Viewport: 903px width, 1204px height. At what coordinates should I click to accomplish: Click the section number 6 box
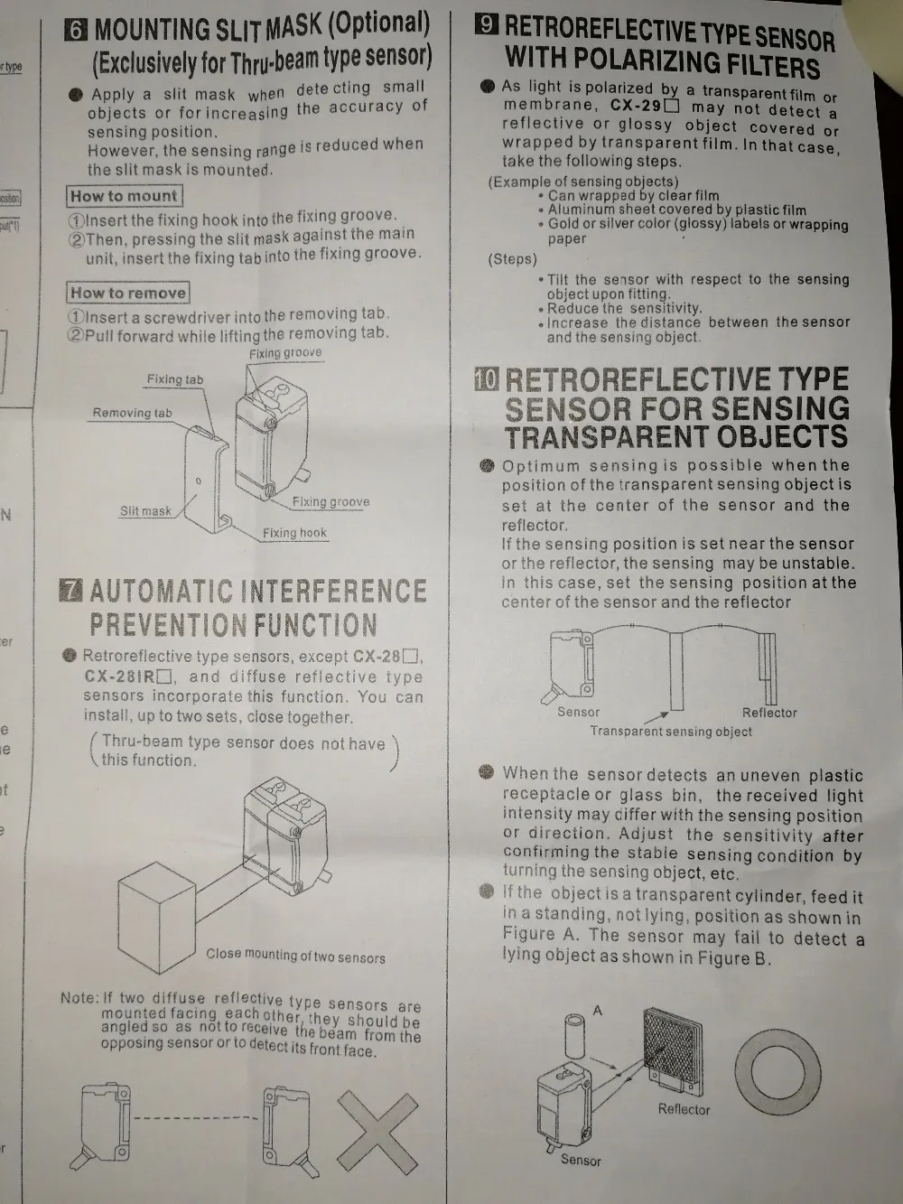(75, 30)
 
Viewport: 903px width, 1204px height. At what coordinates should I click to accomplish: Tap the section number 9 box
(487, 24)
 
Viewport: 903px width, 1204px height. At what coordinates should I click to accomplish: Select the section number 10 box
(487, 378)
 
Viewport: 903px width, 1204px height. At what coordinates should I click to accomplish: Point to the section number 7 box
(70, 591)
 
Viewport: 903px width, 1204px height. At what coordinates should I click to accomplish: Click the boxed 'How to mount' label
(124, 196)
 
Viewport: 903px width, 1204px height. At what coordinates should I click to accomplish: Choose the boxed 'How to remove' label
(127, 293)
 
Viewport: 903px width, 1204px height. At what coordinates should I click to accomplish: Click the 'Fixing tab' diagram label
(175, 379)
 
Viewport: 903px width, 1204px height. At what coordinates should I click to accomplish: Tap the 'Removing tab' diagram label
(132, 413)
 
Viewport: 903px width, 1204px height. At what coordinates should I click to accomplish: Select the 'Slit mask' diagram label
(145, 511)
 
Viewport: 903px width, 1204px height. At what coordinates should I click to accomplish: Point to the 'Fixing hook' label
(294, 533)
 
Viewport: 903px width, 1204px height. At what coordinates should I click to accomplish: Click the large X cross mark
(377, 1131)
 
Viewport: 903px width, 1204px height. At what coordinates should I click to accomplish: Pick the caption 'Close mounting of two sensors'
(295, 957)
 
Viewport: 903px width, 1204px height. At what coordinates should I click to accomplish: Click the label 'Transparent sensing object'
(671, 732)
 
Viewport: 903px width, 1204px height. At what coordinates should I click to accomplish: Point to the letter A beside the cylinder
(598, 1010)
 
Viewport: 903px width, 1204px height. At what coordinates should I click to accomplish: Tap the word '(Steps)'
(513, 259)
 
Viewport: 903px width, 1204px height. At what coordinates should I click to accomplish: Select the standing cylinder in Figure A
(575, 1036)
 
